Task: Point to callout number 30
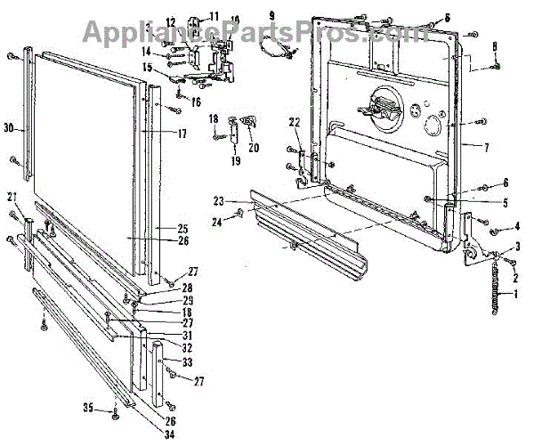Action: [8, 128]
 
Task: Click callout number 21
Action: [12, 196]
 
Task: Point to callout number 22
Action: [295, 122]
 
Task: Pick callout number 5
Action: [506, 202]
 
